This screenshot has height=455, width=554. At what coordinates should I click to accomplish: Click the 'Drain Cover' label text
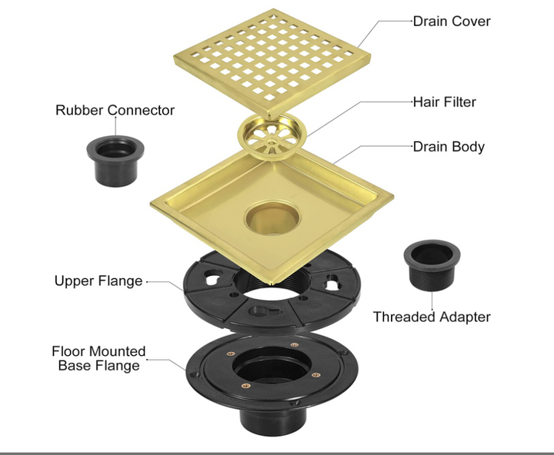[x=452, y=22]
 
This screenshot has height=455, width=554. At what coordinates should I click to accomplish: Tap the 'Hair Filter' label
[x=445, y=102]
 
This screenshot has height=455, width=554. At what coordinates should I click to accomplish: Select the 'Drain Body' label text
[x=449, y=147]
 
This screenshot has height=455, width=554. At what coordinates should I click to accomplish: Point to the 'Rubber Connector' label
[x=115, y=110]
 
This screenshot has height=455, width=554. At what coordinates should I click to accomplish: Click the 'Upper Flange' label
[x=98, y=281]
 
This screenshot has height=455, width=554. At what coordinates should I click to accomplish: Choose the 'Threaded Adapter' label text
[x=432, y=317]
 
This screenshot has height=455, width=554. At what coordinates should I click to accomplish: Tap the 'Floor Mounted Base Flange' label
[x=98, y=358]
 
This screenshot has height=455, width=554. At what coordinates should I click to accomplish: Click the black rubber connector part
[x=115, y=161]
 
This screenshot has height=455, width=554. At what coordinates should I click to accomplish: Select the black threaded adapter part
[x=432, y=265]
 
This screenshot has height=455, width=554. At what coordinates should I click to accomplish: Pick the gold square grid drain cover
[x=272, y=60]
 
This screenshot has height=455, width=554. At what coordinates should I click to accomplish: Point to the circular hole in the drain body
[x=272, y=218]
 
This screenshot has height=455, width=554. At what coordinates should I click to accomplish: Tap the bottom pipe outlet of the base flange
[x=272, y=420]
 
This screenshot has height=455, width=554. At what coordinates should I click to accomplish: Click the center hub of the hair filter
[x=272, y=141]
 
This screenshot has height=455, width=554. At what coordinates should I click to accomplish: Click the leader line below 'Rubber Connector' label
[x=115, y=126]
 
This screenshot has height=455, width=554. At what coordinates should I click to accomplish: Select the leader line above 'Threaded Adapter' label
[x=432, y=300]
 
